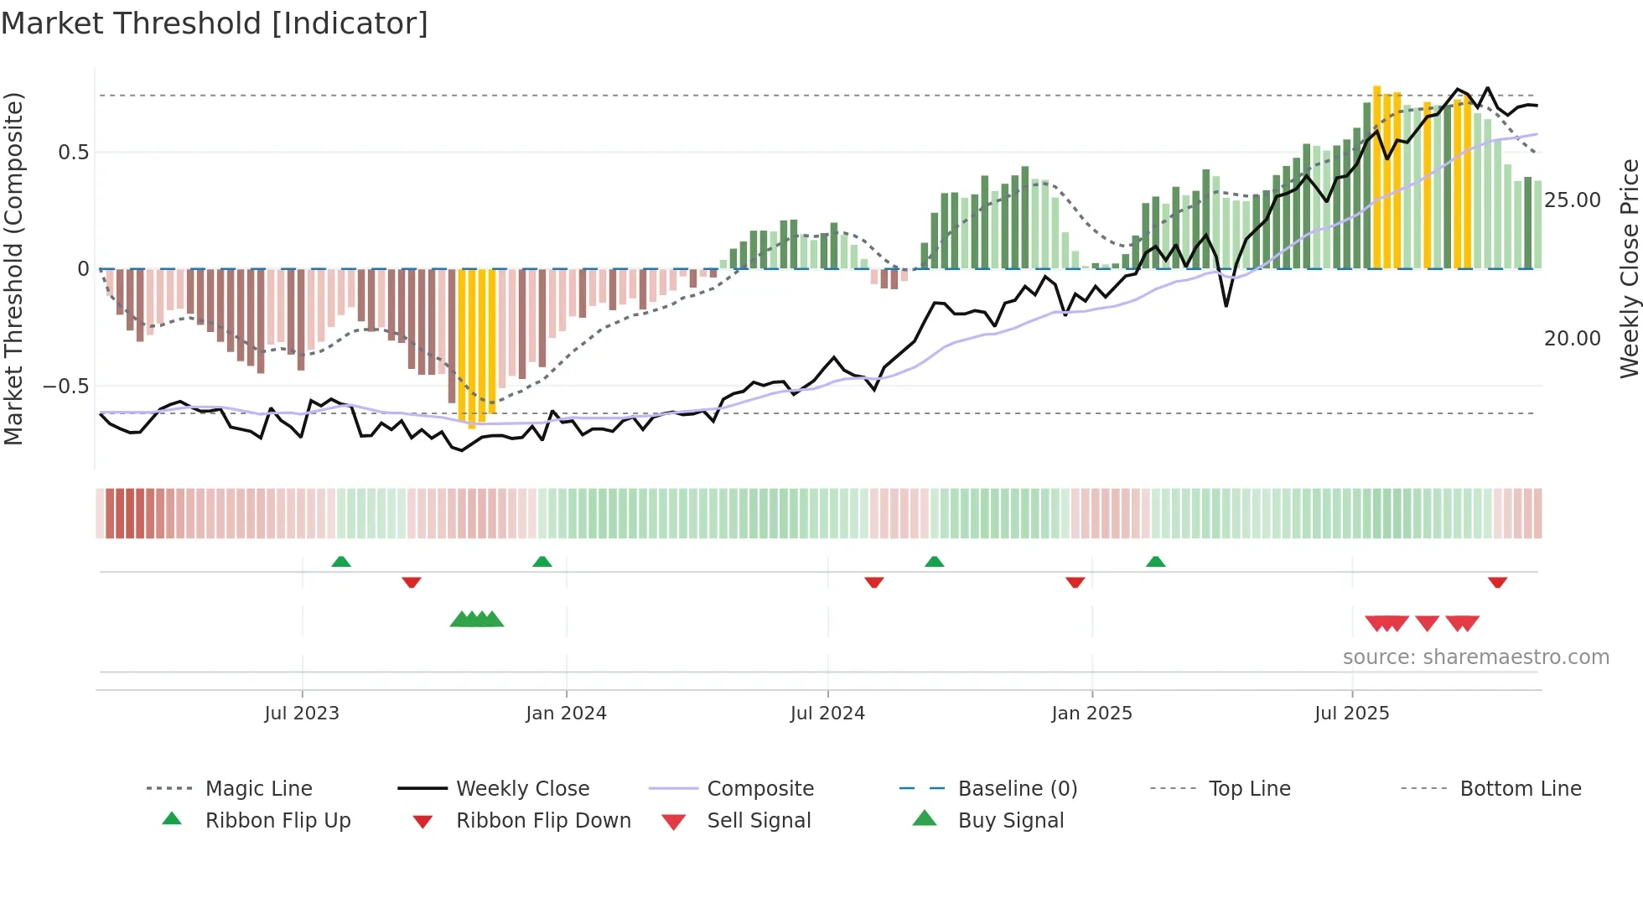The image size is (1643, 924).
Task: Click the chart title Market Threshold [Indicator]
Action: (215, 23)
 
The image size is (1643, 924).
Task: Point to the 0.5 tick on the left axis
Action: (73, 153)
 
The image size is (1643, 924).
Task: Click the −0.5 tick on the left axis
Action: (66, 387)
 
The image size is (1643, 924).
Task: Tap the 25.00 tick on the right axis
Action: (1572, 200)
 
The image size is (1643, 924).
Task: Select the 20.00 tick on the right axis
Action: (1572, 339)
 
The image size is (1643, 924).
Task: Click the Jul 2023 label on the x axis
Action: (302, 714)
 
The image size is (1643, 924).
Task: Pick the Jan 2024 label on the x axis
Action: (566, 714)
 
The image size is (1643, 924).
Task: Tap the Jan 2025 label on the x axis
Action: (1091, 714)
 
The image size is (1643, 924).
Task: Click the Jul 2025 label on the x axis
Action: (1351, 714)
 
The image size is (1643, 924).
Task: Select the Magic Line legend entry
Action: (258, 789)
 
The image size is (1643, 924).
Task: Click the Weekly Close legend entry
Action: (522, 789)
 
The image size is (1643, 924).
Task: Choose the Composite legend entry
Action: (760, 789)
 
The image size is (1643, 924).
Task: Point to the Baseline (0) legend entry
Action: (1017, 789)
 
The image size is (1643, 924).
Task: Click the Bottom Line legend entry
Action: (1520, 789)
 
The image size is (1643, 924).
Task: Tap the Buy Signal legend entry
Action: (1010, 821)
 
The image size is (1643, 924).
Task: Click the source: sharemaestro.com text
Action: (1475, 657)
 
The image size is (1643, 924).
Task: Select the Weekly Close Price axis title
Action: (1629, 268)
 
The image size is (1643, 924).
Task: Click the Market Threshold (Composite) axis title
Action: (13, 268)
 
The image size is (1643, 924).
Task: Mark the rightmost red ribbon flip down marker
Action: (1497, 582)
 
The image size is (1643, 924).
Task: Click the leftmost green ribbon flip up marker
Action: (340, 562)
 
